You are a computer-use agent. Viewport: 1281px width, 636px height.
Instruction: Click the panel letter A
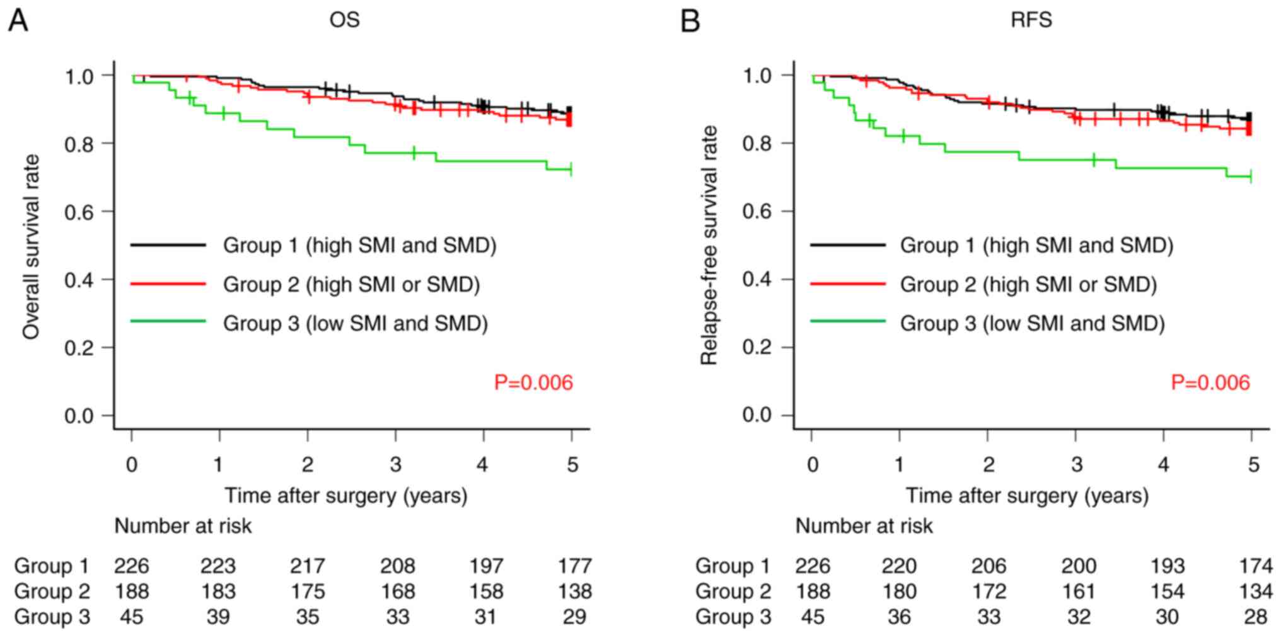(18, 21)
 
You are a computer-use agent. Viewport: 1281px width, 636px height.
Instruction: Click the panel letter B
(690, 21)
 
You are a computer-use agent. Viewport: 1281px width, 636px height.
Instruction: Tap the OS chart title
(344, 20)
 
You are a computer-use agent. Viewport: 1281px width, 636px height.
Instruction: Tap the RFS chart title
(1031, 20)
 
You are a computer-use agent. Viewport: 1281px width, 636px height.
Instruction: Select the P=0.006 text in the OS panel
(533, 382)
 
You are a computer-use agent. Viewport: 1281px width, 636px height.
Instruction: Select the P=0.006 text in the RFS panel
(1210, 382)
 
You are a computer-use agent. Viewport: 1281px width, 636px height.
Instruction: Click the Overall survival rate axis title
(31, 246)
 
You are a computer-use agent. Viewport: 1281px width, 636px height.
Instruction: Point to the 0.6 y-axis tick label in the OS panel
(79, 212)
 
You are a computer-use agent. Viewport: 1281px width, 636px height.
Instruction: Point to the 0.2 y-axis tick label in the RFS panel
(758, 348)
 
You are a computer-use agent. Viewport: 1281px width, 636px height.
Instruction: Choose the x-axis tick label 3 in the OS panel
(395, 465)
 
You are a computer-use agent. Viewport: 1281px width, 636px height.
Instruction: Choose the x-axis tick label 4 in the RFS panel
(1163, 465)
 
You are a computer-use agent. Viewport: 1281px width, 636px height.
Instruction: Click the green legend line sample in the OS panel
(168, 322)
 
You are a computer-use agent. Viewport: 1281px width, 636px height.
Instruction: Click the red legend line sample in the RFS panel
(847, 284)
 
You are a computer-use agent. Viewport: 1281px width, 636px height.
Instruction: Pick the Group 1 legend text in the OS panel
(359, 245)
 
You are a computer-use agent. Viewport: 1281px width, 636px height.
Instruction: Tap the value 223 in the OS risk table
(218, 566)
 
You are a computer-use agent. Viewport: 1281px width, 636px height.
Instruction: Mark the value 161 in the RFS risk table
(1079, 591)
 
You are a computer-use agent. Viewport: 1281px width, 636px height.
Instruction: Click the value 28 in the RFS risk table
(1255, 616)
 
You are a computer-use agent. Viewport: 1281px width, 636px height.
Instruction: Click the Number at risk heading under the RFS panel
(864, 526)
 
